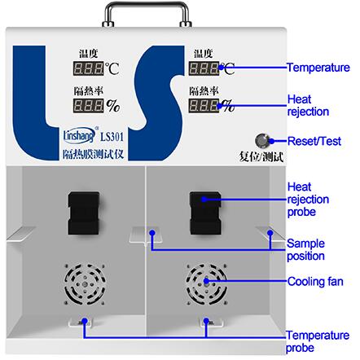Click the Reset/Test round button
point(262,140)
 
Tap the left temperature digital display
point(88,68)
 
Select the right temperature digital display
point(204,68)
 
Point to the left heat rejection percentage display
point(88,106)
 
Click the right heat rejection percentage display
point(204,106)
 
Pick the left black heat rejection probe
point(83,213)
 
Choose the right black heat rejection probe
point(205,213)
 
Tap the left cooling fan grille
point(85,284)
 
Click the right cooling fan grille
point(207,284)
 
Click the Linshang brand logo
point(80,135)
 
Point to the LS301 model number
point(112,137)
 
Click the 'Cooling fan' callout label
point(315,282)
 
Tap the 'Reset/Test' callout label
point(314,141)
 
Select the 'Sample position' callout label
point(305,250)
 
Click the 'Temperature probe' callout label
point(318,341)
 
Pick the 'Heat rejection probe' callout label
point(308,200)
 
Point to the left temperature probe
point(81,323)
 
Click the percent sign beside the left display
point(113,106)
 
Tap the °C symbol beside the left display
point(112,68)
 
